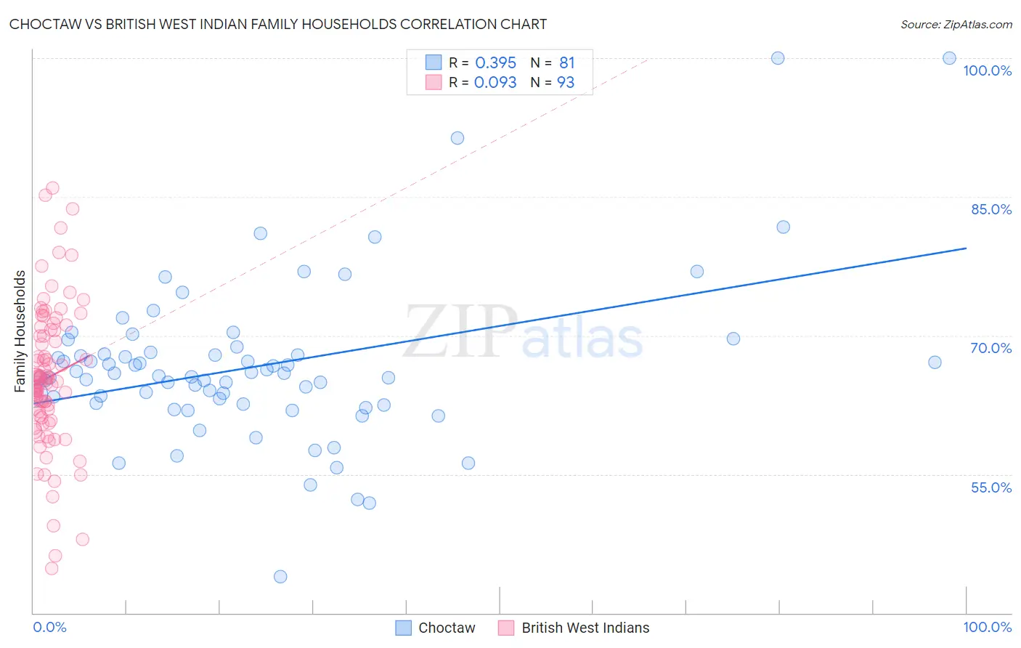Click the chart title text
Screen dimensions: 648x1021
278,24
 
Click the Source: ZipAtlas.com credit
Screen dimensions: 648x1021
956,24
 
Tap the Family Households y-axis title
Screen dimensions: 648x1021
20,331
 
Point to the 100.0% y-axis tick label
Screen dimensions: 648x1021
987,70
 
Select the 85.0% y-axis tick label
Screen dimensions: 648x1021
991,209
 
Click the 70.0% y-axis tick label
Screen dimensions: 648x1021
991,348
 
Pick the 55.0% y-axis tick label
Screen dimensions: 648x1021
991,487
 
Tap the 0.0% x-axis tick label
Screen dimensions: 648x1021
49,627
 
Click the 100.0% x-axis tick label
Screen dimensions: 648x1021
987,627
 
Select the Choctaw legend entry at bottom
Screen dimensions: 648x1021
436,628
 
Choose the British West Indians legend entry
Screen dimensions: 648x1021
574,628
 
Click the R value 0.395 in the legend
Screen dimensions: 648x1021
495,63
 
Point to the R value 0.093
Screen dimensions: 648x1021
495,82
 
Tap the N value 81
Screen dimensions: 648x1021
566,63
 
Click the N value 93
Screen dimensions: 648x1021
566,82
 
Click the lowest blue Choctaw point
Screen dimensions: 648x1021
280,577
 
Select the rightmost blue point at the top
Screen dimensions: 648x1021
949,58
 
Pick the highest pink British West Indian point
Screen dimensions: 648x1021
52,188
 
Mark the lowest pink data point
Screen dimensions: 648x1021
52,568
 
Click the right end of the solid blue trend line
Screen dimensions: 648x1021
966,248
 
